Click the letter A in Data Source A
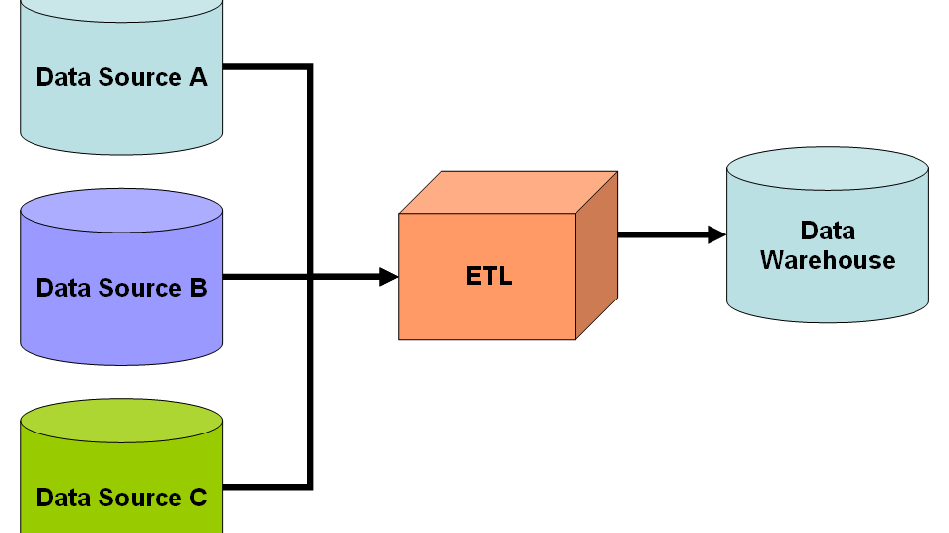[198, 77]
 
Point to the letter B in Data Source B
[198, 288]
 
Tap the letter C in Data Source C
[198, 498]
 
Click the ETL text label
[489, 276]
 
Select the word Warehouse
[827, 260]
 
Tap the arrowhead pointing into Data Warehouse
[716, 234]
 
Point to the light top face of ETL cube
[508, 193]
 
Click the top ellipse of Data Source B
[121, 211]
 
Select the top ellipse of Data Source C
[121, 421]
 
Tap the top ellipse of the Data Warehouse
[827, 168]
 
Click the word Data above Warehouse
[827, 231]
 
